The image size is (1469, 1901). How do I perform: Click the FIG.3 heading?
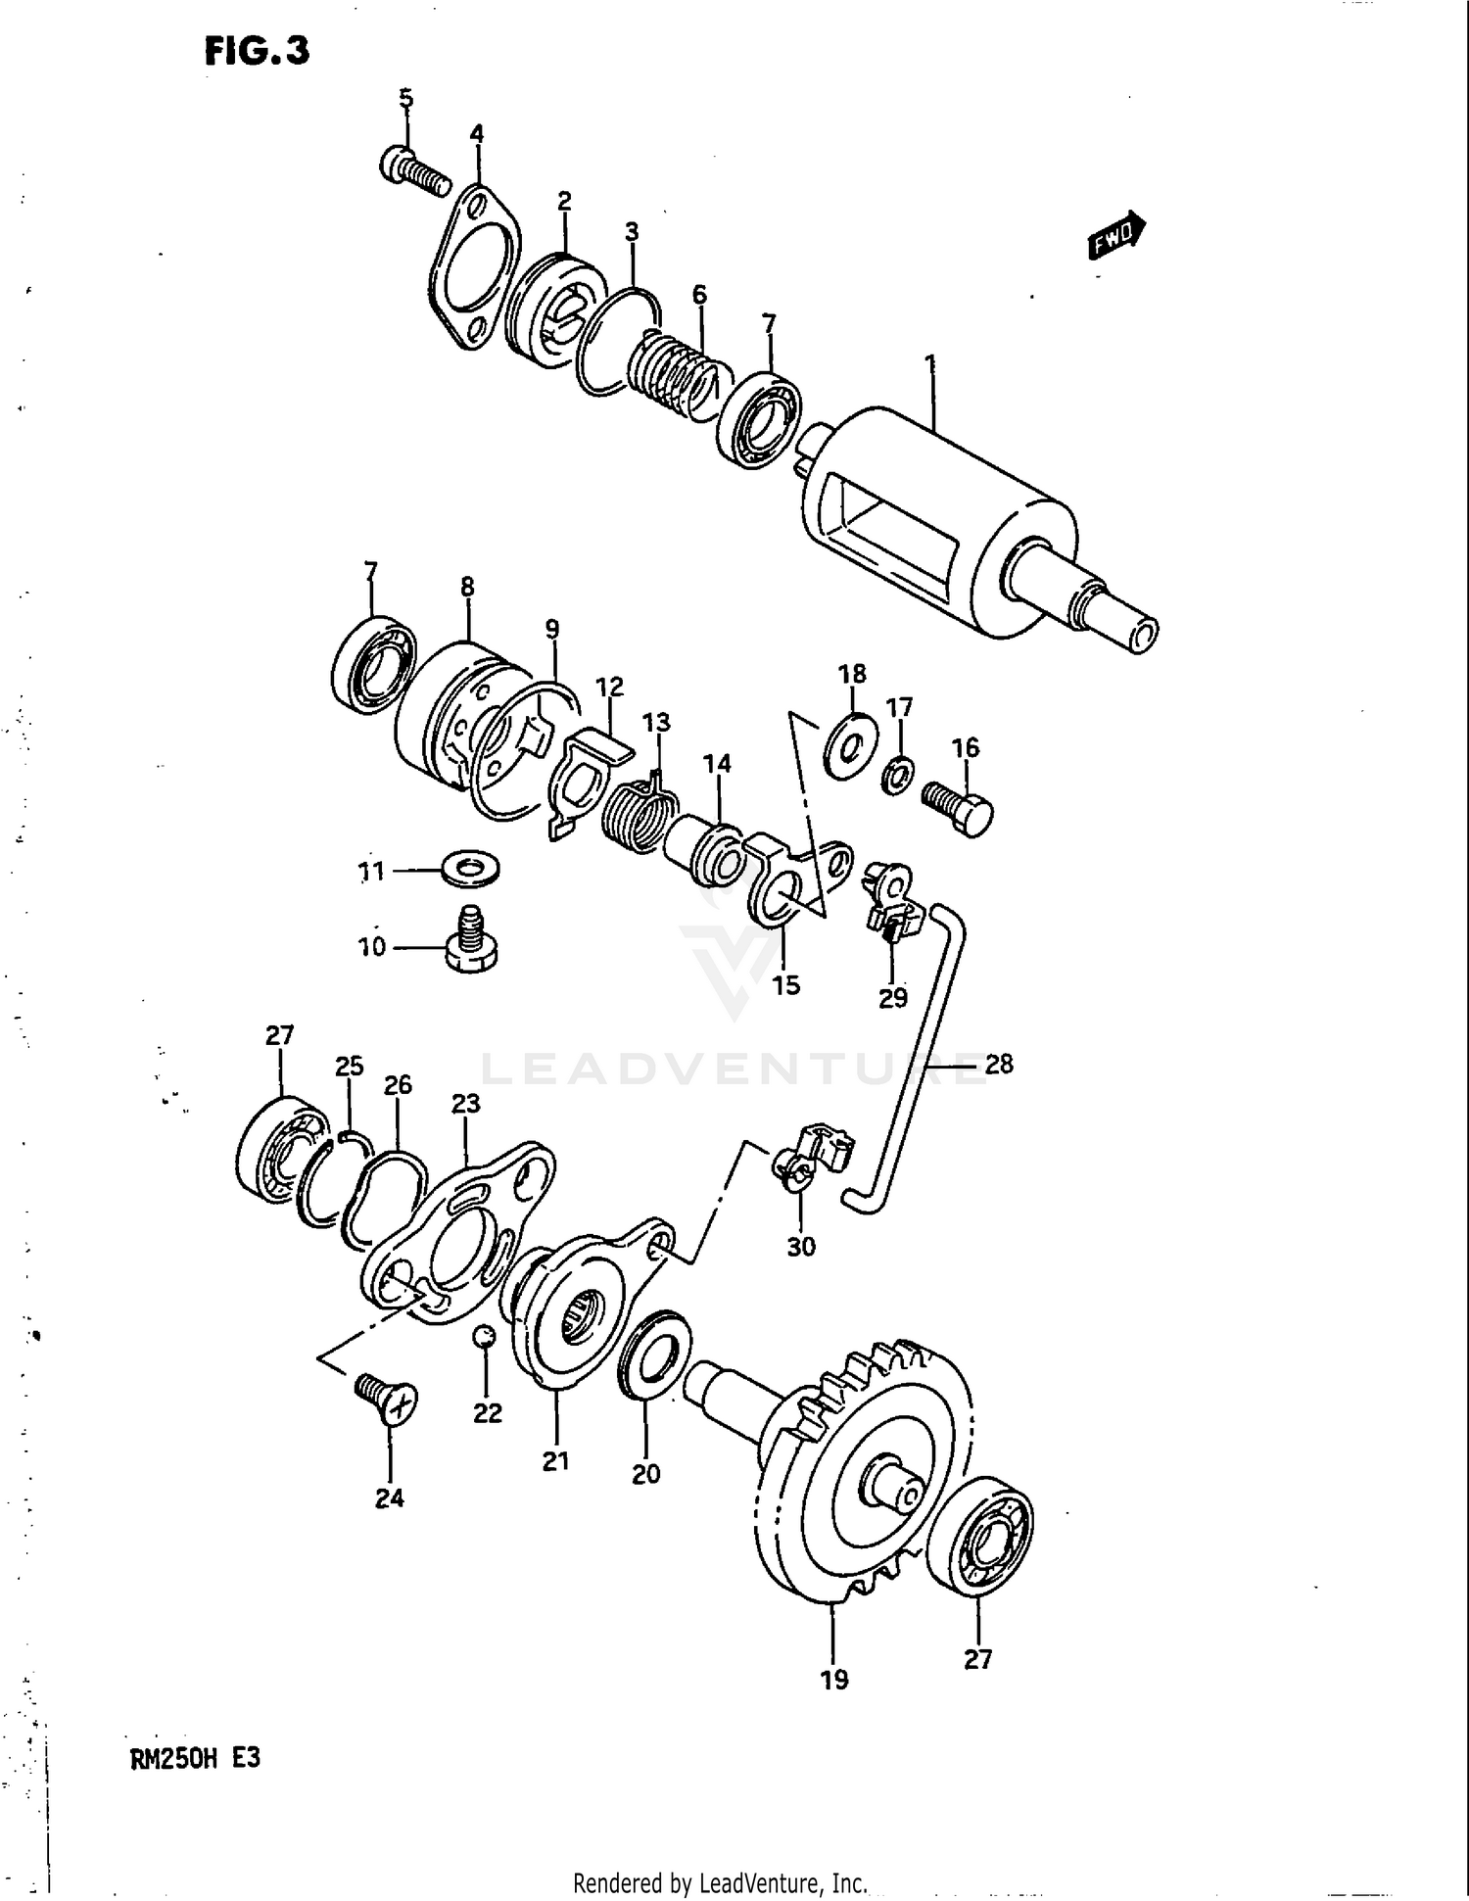click(257, 51)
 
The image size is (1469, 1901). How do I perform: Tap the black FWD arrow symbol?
click(1116, 235)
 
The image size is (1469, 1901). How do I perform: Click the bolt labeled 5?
click(413, 170)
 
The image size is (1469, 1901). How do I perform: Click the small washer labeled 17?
click(897, 775)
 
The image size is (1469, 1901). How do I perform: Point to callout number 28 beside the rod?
click(998, 1064)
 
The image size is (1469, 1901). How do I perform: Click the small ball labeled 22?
click(485, 1337)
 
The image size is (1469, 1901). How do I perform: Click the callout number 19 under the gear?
click(833, 1681)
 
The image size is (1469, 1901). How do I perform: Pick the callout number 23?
click(465, 1104)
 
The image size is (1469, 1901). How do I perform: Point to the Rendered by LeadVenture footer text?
click(720, 1882)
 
